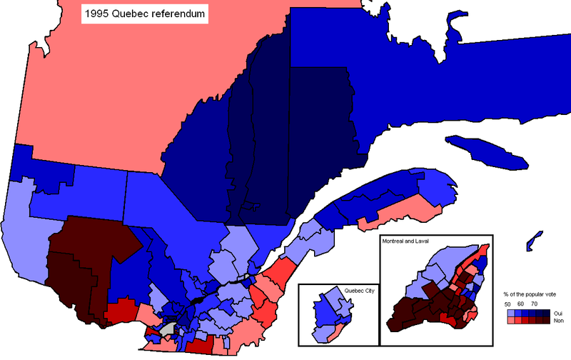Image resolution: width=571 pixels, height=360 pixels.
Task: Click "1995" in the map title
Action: (x=98, y=14)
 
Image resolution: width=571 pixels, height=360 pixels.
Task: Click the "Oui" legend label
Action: (x=558, y=313)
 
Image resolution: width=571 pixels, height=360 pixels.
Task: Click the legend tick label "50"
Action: (x=507, y=304)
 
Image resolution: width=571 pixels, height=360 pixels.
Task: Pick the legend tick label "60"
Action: (x=521, y=304)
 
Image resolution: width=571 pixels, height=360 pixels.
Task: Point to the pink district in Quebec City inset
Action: (x=335, y=331)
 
